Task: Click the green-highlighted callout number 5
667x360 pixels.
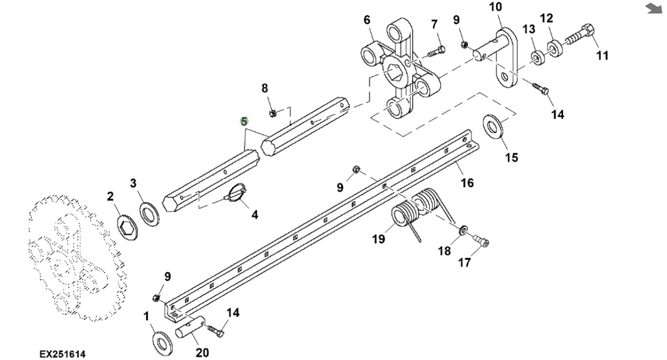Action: click(244, 121)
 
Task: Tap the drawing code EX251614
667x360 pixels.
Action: click(63, 354)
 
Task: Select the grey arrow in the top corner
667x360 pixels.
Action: click(653, 8)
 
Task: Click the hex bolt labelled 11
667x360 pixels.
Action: click(580, 34)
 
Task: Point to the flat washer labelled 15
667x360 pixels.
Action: click(493, 127)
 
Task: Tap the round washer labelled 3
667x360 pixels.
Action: click(149, 214)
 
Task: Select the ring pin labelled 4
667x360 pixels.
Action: click(235, 193)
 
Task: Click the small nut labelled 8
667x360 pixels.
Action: click(273, 113)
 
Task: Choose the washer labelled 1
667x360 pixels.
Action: click(163, 343)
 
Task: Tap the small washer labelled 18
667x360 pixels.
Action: click(463, 230)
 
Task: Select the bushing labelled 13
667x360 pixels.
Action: click(538, 58)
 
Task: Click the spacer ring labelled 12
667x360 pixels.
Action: click(554, 49)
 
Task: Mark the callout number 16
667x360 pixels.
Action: click(467, 182)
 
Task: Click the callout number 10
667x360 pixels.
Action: click(495, 6)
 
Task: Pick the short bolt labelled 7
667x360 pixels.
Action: click(437, 51)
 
